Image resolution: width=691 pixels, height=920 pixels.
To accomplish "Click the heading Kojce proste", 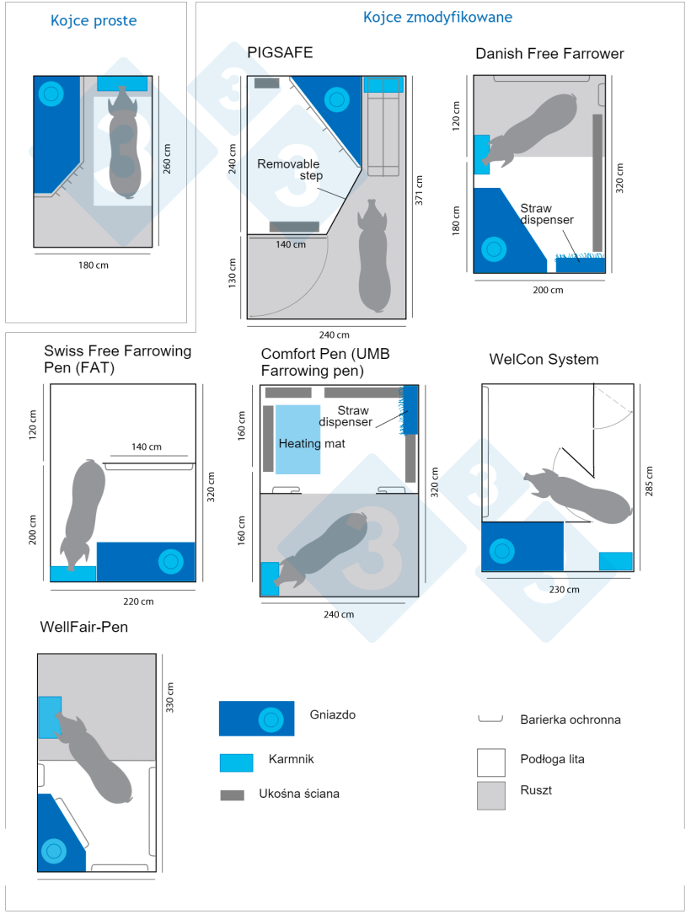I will [x=93, y=20].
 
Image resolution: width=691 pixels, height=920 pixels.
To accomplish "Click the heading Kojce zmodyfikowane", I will [x=437, y=17].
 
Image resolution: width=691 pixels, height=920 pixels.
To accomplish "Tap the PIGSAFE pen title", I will [x=280, y=52].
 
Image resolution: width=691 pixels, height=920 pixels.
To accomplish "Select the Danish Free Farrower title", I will [x=549, y=54].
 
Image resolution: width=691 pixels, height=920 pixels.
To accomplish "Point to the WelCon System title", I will [x=544, y=360].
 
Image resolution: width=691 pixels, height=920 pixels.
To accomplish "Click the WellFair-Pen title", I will [x=84, y=628].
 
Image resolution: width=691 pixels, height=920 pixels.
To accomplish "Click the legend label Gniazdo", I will [x=332, y=714].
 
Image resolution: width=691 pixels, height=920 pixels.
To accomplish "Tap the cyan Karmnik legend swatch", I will [x=236, y=762].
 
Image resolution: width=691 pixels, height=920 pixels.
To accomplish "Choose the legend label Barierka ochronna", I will [x=570, y=719].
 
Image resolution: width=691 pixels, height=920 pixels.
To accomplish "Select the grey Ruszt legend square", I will [x=491, y=795].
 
